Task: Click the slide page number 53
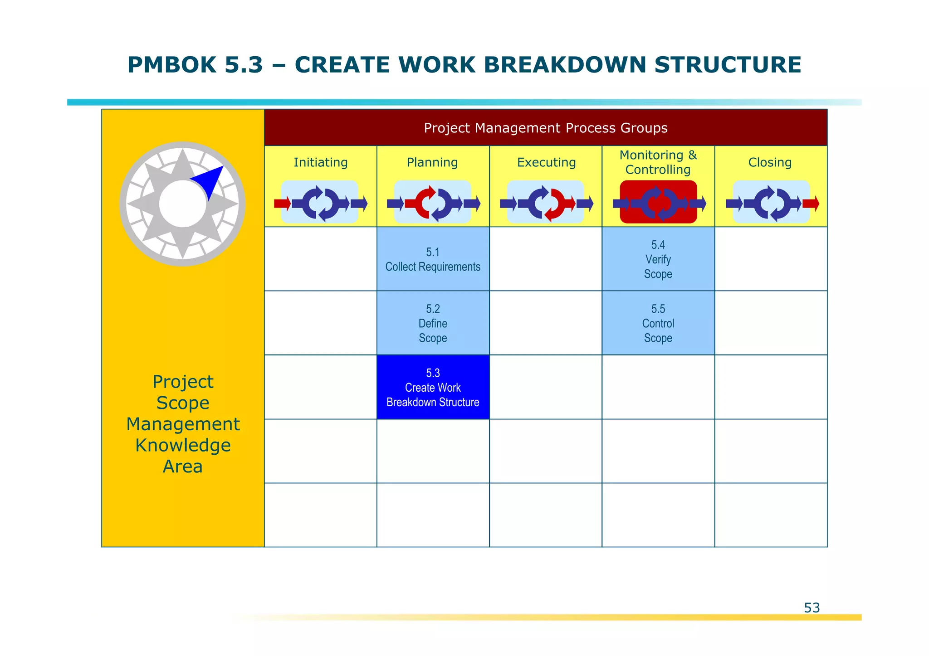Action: click(x=812, y=607)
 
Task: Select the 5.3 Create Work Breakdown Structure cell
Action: click(x=433, y=387)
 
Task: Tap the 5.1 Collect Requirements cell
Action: click(x=433, y=259)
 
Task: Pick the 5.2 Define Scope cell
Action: click(x=433, y=323)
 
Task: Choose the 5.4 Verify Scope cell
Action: click(x=658, y=259)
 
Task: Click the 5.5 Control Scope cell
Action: click(x=658, y=323)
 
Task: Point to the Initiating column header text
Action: click(x=320, y=162)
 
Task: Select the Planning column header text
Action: click(x=432, y=162)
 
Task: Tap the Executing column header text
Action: click(x=546, y=162)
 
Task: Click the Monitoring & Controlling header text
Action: click(x=658, y=162)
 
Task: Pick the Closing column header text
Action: click(x=770, y=162)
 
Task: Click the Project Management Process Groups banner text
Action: click(x=545, y=128)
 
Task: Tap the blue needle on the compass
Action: click(x=210, y=181)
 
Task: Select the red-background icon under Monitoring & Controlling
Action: click(x=658, y=202)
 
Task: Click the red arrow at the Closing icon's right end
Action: click(x=811, y=203)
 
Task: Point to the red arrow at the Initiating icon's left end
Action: click(x=282, y=203)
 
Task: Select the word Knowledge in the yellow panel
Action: click(x=183, y=445)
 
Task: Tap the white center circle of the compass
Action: click(x=182, y=204)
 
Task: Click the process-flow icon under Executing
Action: click(x=546, y=202)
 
